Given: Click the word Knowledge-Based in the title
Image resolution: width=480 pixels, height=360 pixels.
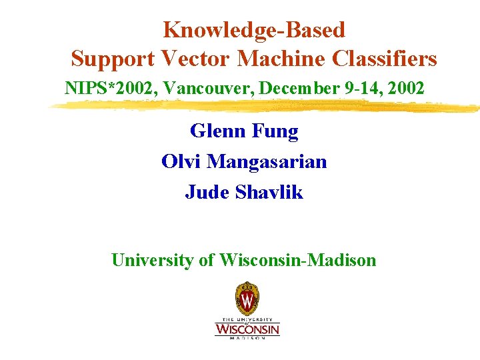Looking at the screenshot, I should point(254,30).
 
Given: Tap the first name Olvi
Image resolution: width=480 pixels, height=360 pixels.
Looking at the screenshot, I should point(181,161).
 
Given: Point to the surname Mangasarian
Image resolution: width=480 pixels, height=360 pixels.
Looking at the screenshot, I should point(267,162).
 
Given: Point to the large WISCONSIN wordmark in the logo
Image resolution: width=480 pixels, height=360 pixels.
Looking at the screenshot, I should point(247,329).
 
